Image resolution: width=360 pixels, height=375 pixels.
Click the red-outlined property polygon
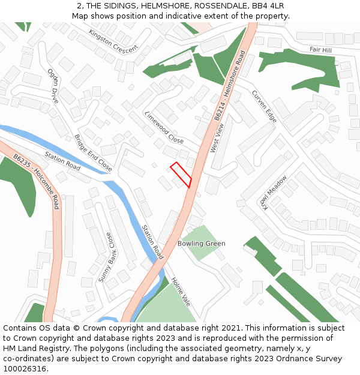coord(181,175)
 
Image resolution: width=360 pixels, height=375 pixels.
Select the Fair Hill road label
coord(320,50)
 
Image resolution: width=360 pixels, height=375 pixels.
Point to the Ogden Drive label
coord(53,86)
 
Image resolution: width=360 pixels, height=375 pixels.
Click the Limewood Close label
coord(164,127)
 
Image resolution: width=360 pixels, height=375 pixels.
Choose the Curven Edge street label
coord(264,107)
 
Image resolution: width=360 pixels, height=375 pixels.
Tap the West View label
coord(217,138)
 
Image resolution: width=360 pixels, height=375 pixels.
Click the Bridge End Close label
coord(93,153)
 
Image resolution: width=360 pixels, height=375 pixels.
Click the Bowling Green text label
coord(202,244)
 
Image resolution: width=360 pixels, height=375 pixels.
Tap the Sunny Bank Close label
coord(105,257)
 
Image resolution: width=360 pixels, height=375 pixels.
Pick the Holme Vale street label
coord(181,292)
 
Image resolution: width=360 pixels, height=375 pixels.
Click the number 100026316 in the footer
coord(25,368)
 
